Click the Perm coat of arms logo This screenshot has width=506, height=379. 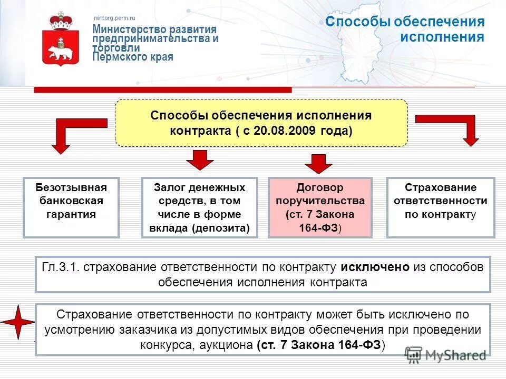[x=61, y=39]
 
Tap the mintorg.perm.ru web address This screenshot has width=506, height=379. [x=114, y=18]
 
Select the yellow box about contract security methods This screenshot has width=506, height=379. [x=261, y=123]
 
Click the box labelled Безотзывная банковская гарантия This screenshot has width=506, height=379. [x=71, y=207]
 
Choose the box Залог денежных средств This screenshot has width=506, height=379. [x=200, y=207]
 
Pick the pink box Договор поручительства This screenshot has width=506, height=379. [x=320, y=207]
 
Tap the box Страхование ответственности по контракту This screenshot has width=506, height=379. [x=441, y=207]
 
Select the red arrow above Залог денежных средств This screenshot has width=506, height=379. [x=199, y=159]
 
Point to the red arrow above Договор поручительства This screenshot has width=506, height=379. [x=319, y=163]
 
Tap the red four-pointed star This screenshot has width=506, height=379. [x=17, y=322]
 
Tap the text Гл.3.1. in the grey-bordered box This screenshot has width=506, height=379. [x=61, y=267]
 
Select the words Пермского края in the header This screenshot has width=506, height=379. [x=133, y=57]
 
